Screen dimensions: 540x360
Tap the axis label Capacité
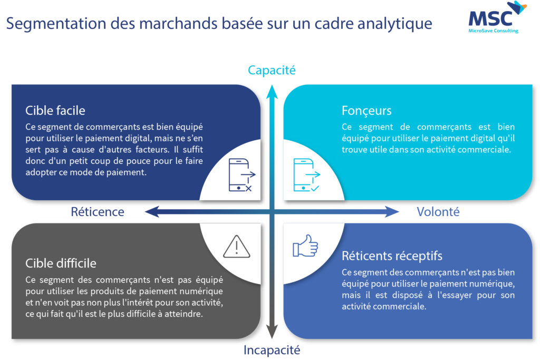point(272,70)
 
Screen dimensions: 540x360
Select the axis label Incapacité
point(272,350)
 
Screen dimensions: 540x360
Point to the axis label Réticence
point(98,212)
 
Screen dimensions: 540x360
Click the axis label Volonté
point(438,212)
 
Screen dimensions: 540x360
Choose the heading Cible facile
point(55,111)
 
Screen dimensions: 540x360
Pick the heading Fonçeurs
point(367,111)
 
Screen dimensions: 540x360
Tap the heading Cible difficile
point(61,264)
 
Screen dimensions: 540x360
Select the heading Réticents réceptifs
point(392,256)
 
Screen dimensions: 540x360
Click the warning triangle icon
point(237,247)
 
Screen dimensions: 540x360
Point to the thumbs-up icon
point(305,246)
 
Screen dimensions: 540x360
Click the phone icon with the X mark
point(242,175)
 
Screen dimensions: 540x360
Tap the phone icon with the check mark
point(307,175)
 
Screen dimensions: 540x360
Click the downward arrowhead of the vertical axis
point(272,332)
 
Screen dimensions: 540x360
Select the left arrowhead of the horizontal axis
point(151,212)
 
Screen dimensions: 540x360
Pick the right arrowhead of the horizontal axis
point(392,212)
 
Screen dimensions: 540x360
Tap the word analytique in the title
point(394,24)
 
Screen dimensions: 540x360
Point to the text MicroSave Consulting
point(493,31)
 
